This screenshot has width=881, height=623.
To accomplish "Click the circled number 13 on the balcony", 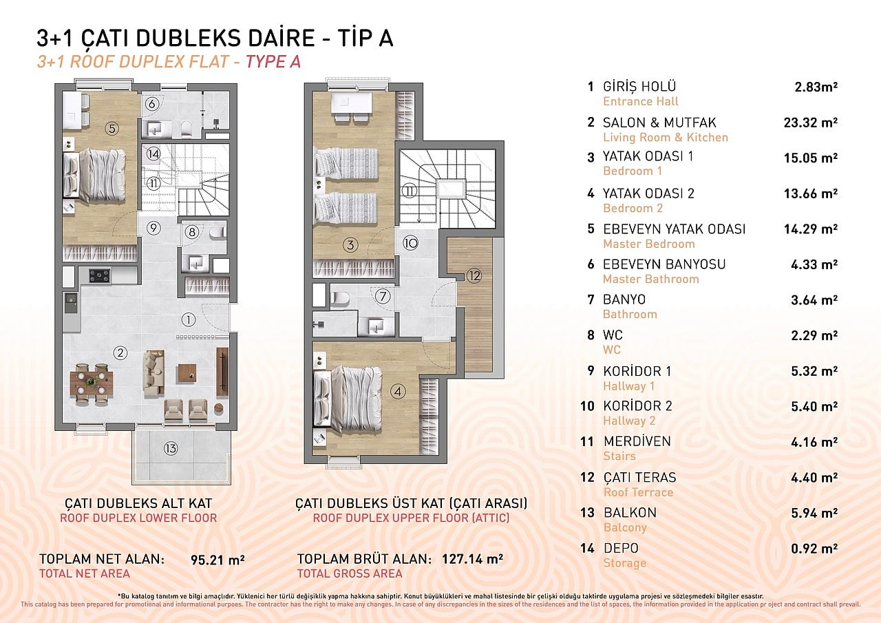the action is (171, 448).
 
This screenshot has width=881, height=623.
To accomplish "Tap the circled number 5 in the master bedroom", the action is (112, 129).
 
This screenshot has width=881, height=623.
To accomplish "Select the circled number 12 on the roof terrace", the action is (474, 276).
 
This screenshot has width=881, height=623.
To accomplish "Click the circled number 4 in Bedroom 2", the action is (398, 391).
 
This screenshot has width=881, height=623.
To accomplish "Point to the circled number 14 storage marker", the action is (153, 154).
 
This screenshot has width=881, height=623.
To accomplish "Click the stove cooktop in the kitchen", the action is (100, 275).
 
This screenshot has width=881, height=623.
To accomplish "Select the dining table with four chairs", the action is (92, 383).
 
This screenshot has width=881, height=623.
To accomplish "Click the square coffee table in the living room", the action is (187, 373).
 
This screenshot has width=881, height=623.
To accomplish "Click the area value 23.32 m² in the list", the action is (811, 123).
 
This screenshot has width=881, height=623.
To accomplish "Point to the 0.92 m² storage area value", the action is (814, 548).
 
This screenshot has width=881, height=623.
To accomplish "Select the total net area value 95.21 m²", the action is (217, 560).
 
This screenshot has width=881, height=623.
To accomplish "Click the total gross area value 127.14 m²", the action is (472, 559).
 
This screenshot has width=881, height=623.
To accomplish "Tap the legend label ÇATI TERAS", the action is (640, 478).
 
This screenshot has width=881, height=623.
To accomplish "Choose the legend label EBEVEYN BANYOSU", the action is (664, 264).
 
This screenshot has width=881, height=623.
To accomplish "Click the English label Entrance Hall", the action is (641, 101).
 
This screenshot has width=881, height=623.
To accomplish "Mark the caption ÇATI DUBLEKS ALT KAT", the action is (138, 503).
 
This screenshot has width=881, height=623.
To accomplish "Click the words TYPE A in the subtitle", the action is (273, 62).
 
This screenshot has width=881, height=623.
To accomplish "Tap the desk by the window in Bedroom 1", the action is (352, 103).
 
